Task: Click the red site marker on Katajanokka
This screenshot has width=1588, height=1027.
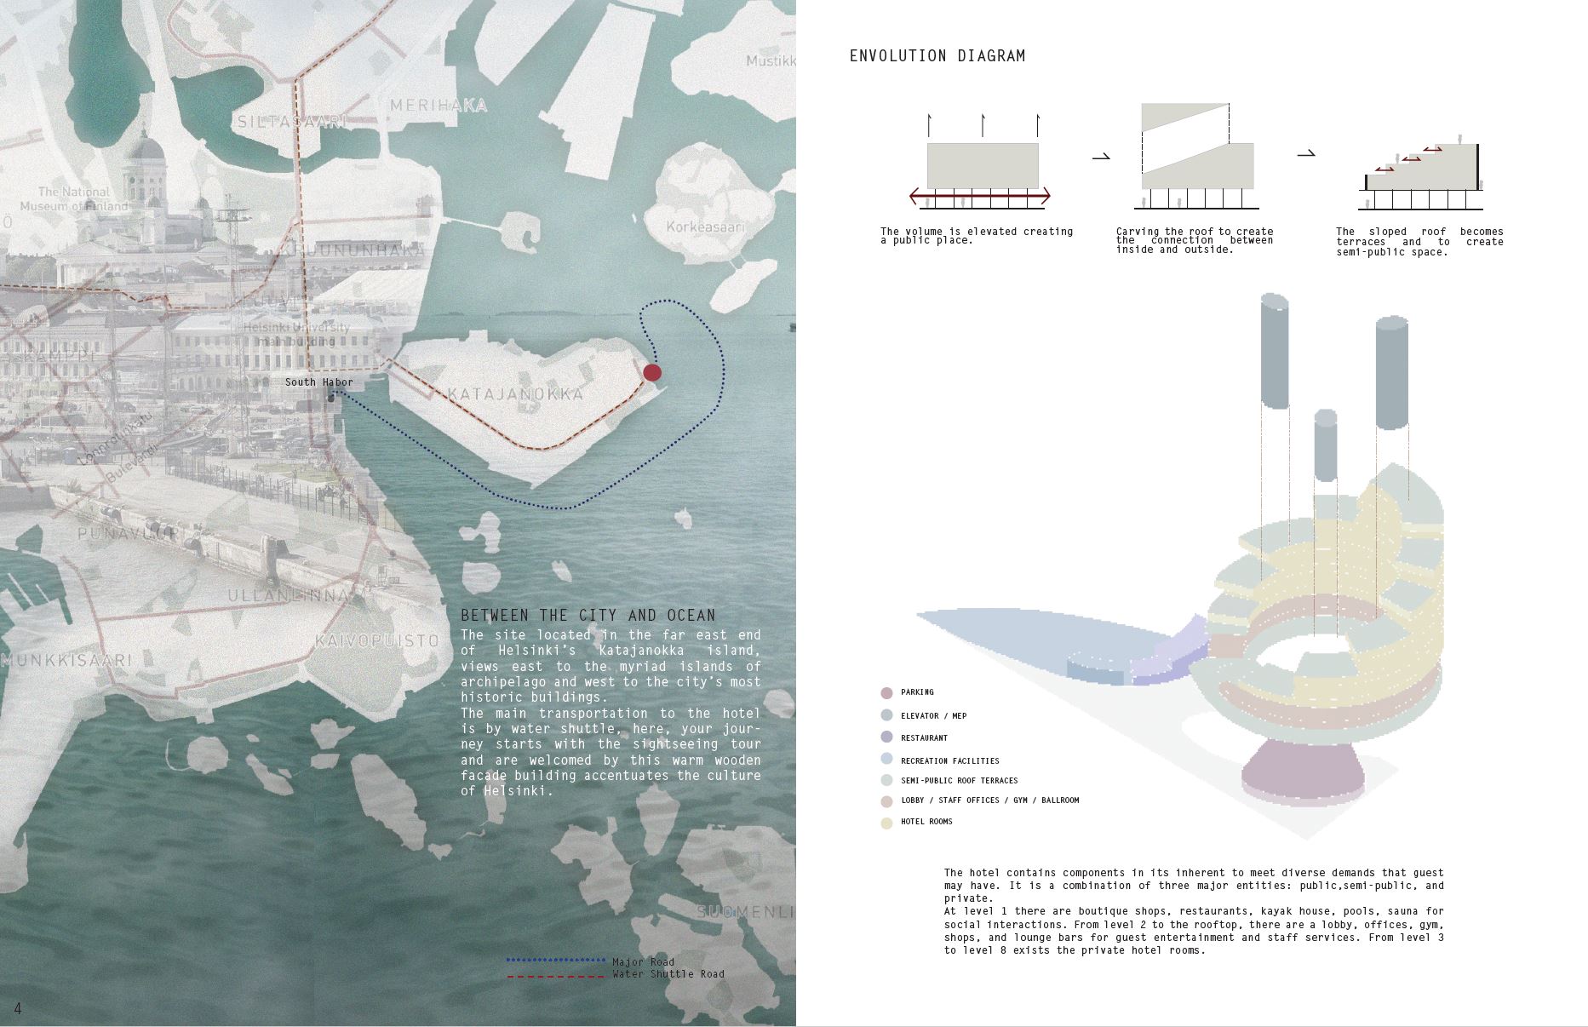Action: (x=652, y=372)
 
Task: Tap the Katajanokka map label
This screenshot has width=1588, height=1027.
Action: (x=516, y=394)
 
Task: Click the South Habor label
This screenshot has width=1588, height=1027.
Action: (x=318, y=382)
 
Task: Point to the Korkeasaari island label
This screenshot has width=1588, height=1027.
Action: (x=705, y=227)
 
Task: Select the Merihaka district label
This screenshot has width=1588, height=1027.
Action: (x=439, y=106)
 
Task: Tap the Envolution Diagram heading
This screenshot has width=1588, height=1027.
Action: (x=937, y=56)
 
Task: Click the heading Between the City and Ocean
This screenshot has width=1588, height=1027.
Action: (x=588, y=615)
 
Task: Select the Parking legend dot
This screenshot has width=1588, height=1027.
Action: (x=886, y=693)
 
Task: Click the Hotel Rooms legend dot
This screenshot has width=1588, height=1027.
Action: (x=886, y=823)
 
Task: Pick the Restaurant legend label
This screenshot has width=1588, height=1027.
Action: (x=924, y=738)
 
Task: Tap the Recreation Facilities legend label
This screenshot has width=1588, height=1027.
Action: (x=949, y=761)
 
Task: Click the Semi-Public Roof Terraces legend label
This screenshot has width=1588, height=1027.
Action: (x=959, y=781)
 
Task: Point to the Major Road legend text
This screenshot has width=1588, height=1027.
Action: (x=643, y=962)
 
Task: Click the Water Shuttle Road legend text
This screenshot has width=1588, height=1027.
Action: (x=668, y=974)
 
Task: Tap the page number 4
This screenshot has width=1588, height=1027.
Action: (x=18, y=1009)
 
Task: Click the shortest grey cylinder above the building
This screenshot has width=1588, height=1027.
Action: (x=1325, y=447)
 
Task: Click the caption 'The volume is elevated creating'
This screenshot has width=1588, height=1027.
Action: (x=976, y=232)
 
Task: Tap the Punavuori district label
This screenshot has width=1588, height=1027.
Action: (x=128, y=534)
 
